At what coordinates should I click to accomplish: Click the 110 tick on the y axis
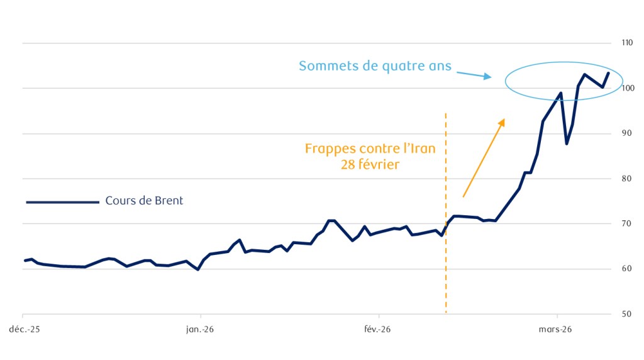pyautogui.click(x=626, y=43)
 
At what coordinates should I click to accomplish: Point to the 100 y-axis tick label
pyautogui.click(x=626, y=88)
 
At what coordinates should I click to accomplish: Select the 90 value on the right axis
pyautogui.click(x=625, y=133)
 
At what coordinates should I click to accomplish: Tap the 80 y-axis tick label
pyautogui.click(x=625, y=179)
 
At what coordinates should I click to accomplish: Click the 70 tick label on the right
pyautogui.click(x=625, y=224)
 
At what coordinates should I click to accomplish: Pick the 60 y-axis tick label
pyautogui.click(x=625, y=269)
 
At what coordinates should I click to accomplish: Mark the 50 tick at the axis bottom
pyautogui.click(x=625, y=314)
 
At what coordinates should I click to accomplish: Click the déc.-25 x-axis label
pyautogui.click(x=23, y=329)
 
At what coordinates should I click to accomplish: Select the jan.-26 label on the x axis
pyautogui.click(x=201, y=329)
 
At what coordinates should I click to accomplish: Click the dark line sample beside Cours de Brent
pyautogui.click(x=63, y=202)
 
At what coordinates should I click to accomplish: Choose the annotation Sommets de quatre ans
pyautogui.click(x=375, y=65)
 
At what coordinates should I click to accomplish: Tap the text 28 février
pyautogui.click(x=375, y=165)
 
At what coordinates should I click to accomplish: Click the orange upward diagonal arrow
pyautogui.click(x=484, y=157)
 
